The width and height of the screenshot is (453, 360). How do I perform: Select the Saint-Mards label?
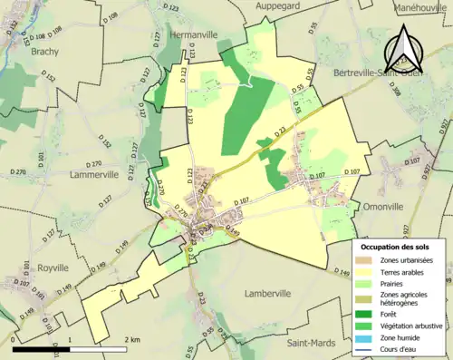(x=310, y=343)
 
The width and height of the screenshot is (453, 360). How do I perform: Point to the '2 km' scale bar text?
(x=131, y=340)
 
